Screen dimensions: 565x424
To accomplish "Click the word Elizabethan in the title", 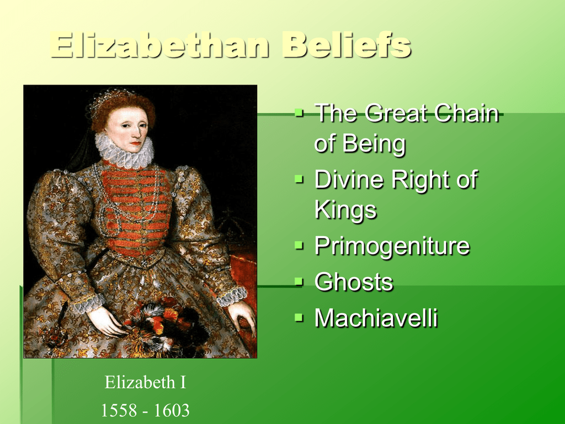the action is (x=159, y=45).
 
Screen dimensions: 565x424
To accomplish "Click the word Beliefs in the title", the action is (x=347, y=45).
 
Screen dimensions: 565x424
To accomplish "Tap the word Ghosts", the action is (x=354, y=282).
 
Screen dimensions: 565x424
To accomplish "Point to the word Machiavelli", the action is (x=376, y=317).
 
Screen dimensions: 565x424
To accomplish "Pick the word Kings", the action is (x=345, y=210).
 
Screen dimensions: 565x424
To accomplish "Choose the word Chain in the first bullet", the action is (x=466, y=113).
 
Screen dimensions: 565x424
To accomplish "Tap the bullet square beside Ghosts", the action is (x=299, y=280).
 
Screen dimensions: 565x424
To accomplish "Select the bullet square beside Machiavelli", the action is (x=299, y=317).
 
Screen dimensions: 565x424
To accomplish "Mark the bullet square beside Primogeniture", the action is (x=299, y=245).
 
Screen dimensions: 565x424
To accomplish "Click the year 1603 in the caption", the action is (x=172, y=410).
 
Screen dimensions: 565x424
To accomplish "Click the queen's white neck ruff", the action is (x=124, y=151).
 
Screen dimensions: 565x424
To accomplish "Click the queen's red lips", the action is (x=136, y=144).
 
